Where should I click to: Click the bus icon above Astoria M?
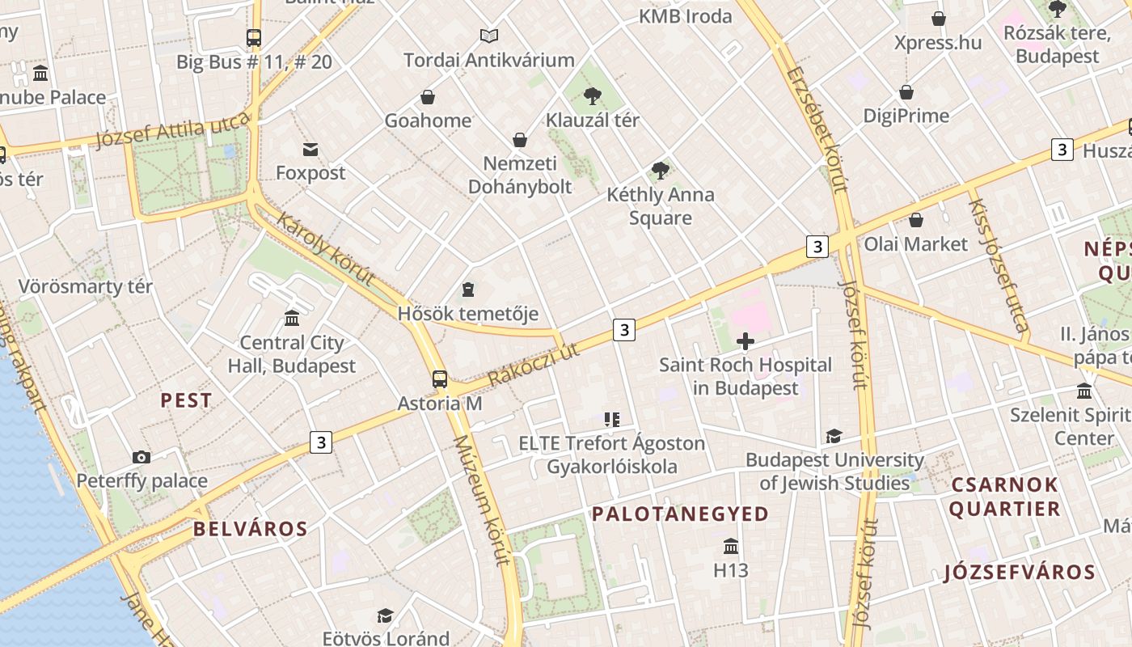pyautogui.click(x=440, y=378)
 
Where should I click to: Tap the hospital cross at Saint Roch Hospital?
pyautogui.click(x=746, y=341)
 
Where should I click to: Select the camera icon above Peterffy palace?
pyautogui.click(x=141, y=458)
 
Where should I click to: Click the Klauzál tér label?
pyautogui.click(x=592, y=120)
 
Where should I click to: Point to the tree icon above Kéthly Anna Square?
pyautogui.click(x=661, y=171)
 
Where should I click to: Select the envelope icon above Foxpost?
pyautogui.click(x=310, y=149)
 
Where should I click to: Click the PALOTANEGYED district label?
pyautogui.click(x=680, y=514)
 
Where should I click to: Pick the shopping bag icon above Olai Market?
pyautogui.click(x=916, y=220)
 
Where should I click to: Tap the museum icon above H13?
pyautogui.click(x=731, y=546)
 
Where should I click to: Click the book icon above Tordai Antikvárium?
pyautogui.click(x=488, y=36)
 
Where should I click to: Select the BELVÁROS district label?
pyautogui.click(x=250, y=530)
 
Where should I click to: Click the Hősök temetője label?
pyautogui.click(x=467, y=313)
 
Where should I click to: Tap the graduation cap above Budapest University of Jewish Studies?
pyautogui.click(x=834, y=437)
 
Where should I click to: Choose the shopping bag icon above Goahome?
pyautogui.click(x=428, y=97)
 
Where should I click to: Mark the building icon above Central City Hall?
pyautogui.click(x=292, y=319)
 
